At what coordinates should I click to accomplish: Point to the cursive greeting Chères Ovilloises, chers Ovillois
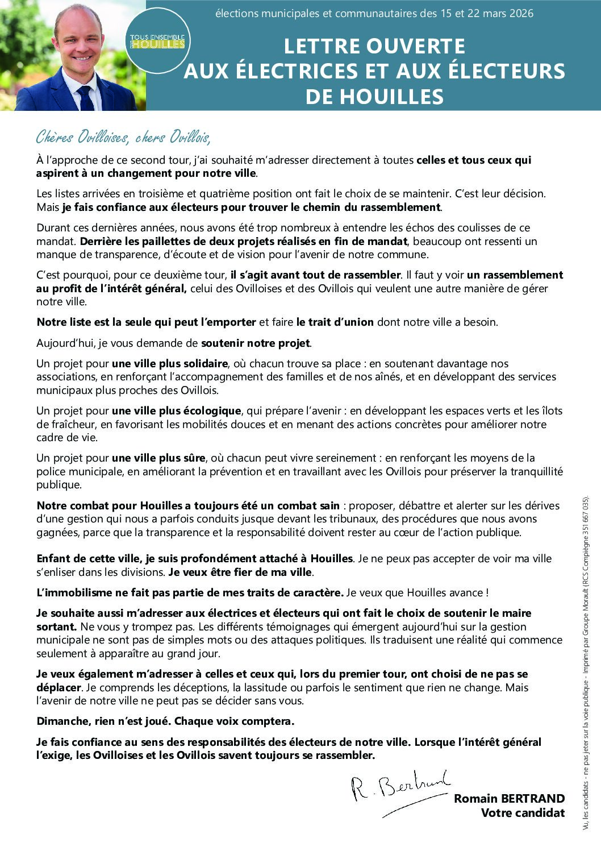tap(123, 138)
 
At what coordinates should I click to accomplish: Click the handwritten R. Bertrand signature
tap(398, 790)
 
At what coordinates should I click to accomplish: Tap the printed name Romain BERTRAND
tap(509, 799)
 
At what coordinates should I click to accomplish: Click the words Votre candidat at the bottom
tap(523, 813)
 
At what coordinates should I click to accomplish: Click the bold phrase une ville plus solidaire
tap(170, 364)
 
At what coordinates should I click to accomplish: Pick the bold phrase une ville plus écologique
tap(177, 411)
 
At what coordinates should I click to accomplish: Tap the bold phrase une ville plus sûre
tap(158, 458)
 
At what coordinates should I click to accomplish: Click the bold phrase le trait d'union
tap(335, 322)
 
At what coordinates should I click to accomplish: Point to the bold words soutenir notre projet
tap(256, 343)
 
